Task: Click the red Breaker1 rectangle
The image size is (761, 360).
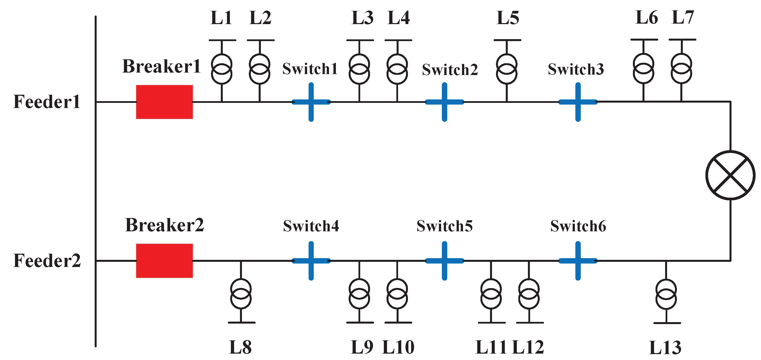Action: point(164,102)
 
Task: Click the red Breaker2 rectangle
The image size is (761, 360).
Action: point(164,261)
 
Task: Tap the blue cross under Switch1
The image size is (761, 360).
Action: point(311,102)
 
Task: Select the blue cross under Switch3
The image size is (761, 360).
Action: point(578,102)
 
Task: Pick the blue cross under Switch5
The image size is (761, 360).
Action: point(444,261)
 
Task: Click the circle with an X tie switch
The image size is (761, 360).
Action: point(730,175)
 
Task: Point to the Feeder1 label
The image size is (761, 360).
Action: point(47,102)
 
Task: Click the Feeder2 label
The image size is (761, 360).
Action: point(47,261)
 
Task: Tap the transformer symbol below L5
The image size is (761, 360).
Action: point(507,69)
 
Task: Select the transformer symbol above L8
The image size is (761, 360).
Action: point(241,294)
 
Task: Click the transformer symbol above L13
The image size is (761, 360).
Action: point(666,294)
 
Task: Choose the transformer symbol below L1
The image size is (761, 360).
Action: point(222,69)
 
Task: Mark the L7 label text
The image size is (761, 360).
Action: point(682,18)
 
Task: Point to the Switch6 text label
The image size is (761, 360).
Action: point(578,226)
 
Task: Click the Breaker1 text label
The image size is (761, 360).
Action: point(161,66)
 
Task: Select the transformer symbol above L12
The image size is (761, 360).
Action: point(529,294)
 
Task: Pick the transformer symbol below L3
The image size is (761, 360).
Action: point(359,69)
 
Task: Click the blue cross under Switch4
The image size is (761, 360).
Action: point(311,261)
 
